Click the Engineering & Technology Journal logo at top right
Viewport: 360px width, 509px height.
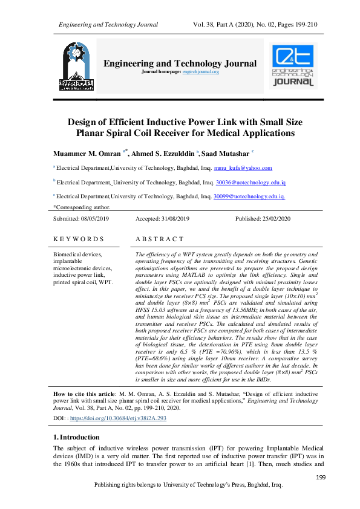[x=293, y=66]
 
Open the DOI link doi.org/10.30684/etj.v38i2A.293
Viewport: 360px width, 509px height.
[x=118, y=418]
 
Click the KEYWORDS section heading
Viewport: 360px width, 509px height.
[x=79, y=239]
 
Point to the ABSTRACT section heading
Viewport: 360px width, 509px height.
[x=159, y=239]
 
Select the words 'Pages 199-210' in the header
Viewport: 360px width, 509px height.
[x=292, y=24]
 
